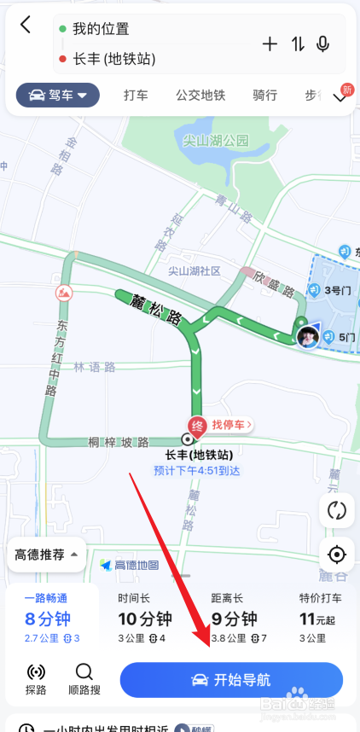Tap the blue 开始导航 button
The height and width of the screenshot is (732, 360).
click(231, 680)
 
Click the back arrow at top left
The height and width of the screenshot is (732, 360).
click(26, 25)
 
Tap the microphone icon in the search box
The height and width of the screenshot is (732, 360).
click(323, 44)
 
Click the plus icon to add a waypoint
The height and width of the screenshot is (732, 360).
click(270, 44)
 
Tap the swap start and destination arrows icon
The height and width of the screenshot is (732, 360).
click(298, 44)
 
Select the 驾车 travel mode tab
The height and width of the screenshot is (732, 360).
click(58, 96)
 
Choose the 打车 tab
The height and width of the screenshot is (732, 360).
click(136, 96)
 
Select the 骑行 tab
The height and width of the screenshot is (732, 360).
click(264, 96)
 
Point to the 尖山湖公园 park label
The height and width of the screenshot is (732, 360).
click(215, 140)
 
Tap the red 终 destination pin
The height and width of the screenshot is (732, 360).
click(196, 425)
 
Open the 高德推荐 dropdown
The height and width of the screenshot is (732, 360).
click(46, 555)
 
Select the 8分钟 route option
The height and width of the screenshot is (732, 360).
click(48, 620)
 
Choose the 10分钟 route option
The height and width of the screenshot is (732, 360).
click(142, 620)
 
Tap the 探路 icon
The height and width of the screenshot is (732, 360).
click(36, 679)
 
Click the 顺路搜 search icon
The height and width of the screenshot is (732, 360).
click(84, 679)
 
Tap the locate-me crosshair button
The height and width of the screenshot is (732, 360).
click(337, 555)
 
